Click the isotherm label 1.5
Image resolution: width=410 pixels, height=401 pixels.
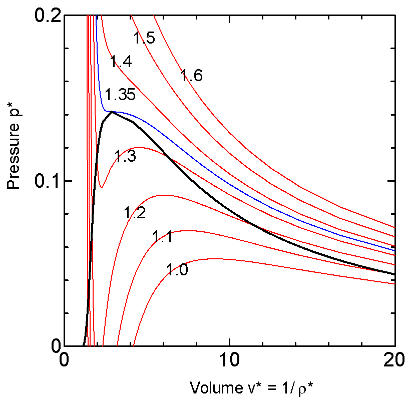tap(144, 38)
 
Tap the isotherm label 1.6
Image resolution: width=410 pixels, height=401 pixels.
tap(191, 76)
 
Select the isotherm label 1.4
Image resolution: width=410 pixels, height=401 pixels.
tap(121, 62)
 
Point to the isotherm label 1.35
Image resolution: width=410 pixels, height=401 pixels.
tap(120, 95)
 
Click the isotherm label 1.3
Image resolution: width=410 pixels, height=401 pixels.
tap(125, 157)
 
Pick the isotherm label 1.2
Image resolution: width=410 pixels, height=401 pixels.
tap(135, 213)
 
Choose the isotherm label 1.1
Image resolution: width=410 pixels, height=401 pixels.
tap(162, 237)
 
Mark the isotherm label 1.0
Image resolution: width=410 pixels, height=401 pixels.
tap(177, 271)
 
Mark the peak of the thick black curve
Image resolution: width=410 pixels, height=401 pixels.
tap(112, 112)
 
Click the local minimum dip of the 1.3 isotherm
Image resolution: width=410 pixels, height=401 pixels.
tap(102, 187)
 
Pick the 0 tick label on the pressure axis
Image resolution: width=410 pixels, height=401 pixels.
tap(52, 346)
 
